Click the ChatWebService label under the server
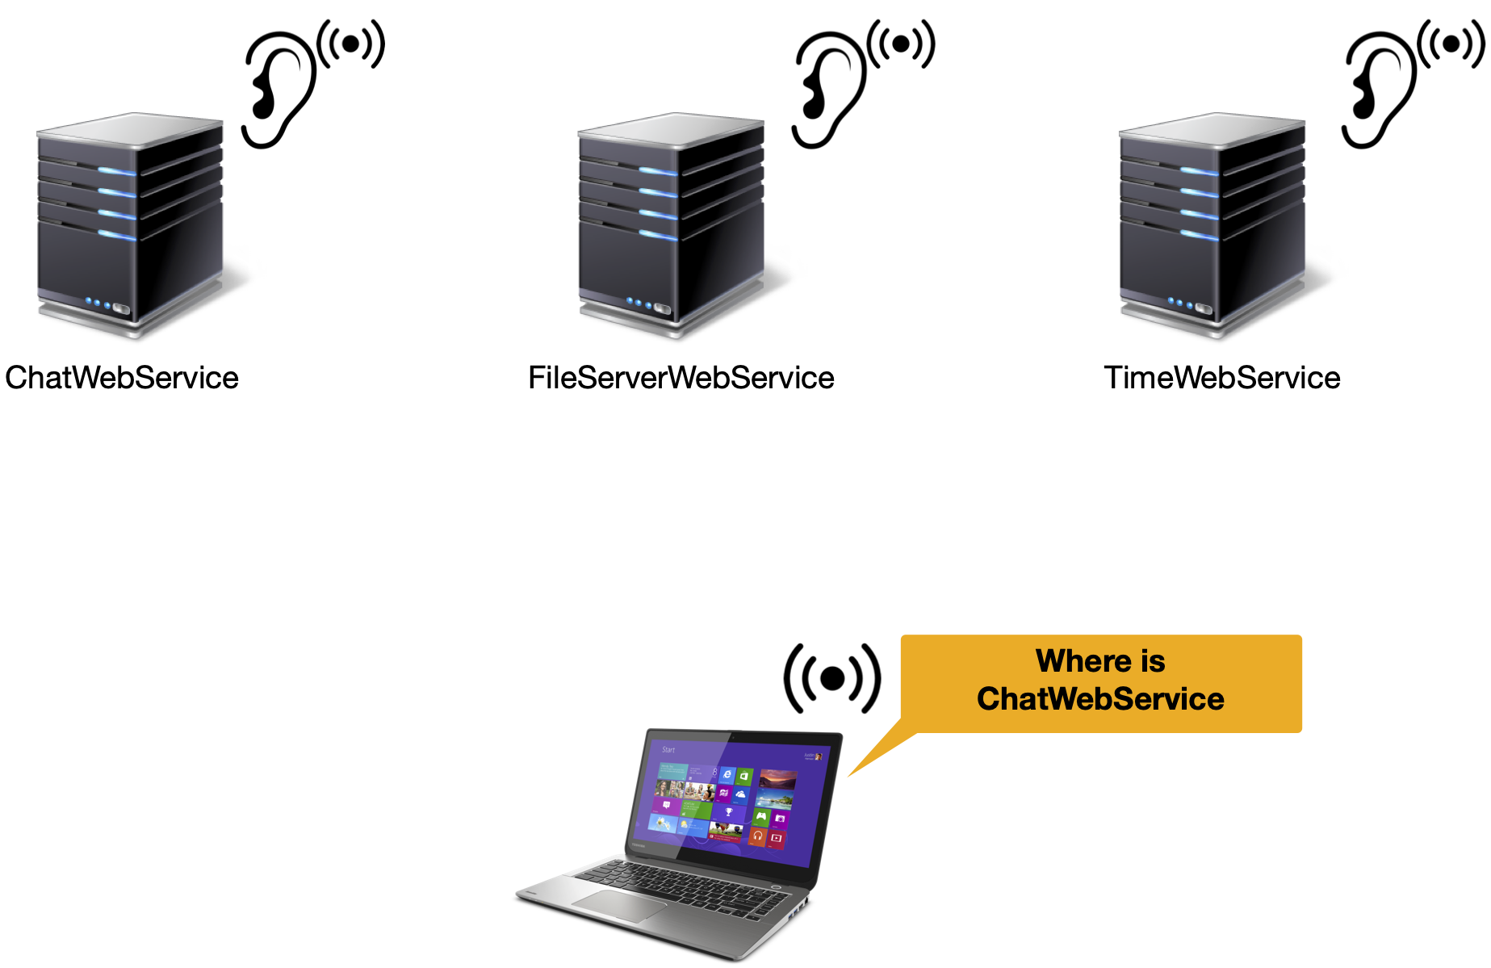122,378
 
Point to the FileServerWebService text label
681,378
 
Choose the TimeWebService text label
1222,378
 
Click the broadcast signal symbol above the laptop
832,678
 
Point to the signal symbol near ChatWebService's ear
351,44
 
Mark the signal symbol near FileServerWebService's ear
901,44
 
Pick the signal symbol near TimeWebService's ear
1451,44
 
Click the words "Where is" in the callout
1100,661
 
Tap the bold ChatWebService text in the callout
1100,699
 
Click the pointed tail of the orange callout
848,777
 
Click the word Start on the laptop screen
668,750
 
